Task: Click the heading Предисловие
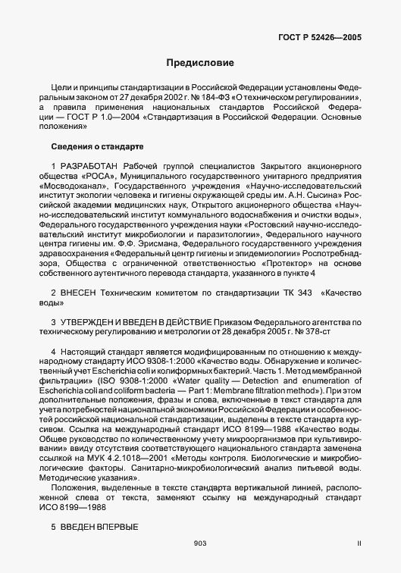(200, 63)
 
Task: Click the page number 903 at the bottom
(200, 543)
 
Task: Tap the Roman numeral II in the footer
(359, 543)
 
